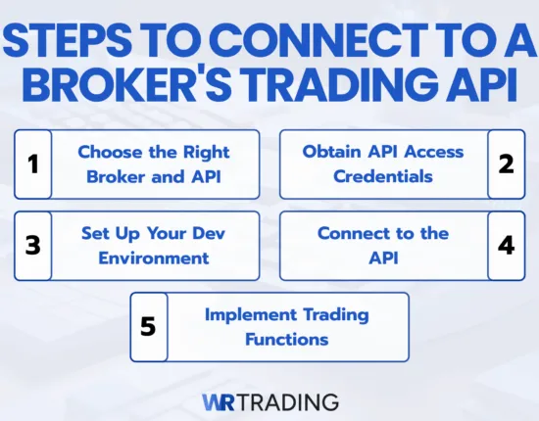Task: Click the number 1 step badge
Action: click(x=32, y=164)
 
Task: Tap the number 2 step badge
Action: click(x=506, y=164)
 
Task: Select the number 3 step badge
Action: click(x=32, y=245)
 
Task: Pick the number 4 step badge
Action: click(x=506, y=245)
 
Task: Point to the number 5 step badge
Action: click(x=149, y=326)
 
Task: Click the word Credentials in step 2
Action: click(x=382, y=176)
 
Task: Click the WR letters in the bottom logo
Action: click(x=219, y=400)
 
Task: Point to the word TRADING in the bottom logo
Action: click(x=288, y=400)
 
